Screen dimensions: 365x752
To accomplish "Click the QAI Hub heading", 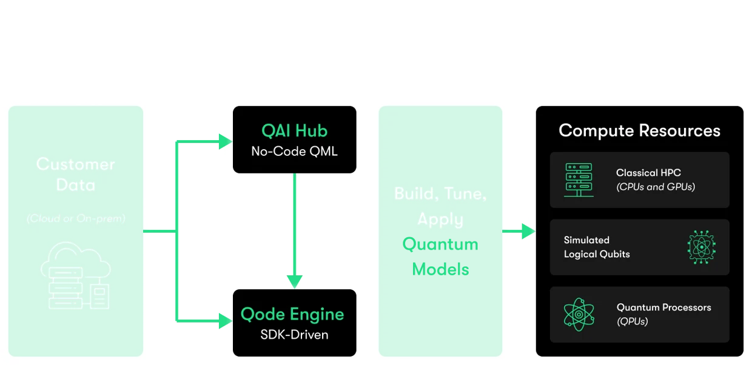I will (294, 130).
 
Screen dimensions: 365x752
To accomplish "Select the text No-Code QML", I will (294, 151).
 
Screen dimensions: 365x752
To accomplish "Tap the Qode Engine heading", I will (292, 314).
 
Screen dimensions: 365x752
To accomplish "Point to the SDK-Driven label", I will (294, 334).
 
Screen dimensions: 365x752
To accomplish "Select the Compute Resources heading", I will (639, 130).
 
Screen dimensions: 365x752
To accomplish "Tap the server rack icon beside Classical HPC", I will (578, 179).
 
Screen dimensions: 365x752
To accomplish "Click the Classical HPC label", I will (648, 173).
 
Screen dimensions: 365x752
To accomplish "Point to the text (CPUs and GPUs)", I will (656, 187).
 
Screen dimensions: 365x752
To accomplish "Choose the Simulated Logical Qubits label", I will (597, 247).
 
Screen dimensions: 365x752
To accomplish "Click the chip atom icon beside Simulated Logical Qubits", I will (702, 247).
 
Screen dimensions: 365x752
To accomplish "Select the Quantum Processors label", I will (663, 307).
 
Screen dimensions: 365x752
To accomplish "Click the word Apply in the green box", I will (440, 219).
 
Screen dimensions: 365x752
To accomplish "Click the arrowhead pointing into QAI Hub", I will (226, 142).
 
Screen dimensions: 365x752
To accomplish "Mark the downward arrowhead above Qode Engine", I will (295, 281).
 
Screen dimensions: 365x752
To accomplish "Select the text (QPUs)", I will (632, 321).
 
